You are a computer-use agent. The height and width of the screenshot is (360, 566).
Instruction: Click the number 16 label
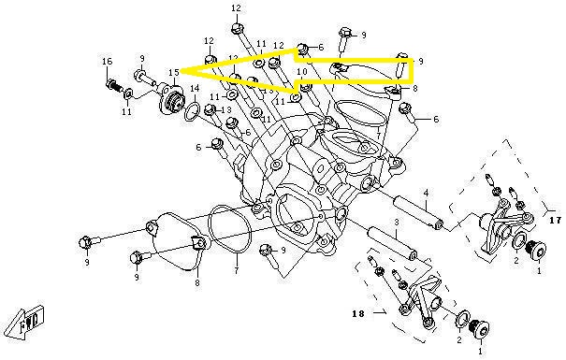pyautogui.click(x=108, y=62)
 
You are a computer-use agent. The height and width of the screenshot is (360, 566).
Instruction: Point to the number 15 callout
pyautogui.click(x=174, y=73)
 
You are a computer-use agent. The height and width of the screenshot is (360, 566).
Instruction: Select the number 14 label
pyautogui.click(x=195, y=89)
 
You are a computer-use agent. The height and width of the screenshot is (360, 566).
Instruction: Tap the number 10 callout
pyautogui.click(x=302, y=72)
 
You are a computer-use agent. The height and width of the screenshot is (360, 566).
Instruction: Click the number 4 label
pyautogui.click(x=426, y=194)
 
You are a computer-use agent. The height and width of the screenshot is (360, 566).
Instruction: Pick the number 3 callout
pyautogui.click(x=397, y=223)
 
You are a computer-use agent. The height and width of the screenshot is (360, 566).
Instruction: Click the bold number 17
pyautogui.click(x=555, y=220)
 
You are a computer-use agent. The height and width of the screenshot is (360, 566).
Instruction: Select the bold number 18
pyautogui.click(x=358, y=313)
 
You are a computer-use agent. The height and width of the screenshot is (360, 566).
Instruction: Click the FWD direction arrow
pyautogui.click(x=25, y=322)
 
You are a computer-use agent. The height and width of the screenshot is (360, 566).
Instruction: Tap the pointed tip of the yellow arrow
pyautogui.click(x=181, y=69)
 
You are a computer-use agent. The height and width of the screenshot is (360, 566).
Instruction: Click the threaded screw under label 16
pyautogui.click(x=115, y=87)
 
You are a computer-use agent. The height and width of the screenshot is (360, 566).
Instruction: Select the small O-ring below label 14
pyautogui.click(x=192, y=111)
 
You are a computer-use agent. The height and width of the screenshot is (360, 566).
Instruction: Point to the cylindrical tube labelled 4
pyautogui.click(x=417, y=212)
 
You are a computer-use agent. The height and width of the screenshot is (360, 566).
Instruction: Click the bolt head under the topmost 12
pyautogui.click(x=236, y=28)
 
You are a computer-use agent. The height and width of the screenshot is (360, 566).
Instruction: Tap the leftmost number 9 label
pyautogui.click(x=87, y=262)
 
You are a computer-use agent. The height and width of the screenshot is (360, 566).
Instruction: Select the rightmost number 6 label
pyautogui.click(x=436, y=119)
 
